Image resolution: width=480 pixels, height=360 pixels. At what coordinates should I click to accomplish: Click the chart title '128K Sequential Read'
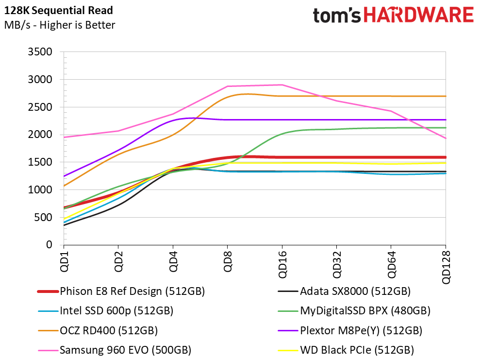[x=58, y=10]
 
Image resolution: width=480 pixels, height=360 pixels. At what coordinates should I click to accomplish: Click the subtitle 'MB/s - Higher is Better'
[x=60, y=25]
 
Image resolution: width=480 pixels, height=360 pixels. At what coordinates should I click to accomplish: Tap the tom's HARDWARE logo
[x=393, y=16]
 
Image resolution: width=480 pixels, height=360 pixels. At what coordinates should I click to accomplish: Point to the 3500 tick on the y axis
[x=40, y=52]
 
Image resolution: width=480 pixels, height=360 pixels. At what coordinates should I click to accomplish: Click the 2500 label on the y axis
[x=40, y=107]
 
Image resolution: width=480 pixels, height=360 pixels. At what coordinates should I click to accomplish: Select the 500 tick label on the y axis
[x=43, y=217]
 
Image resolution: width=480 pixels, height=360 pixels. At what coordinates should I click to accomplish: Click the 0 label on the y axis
[x=50, y=244]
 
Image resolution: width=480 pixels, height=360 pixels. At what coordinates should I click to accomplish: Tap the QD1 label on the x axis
[x=64, y=261]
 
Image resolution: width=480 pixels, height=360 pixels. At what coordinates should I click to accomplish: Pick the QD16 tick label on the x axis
[x=282, y=264]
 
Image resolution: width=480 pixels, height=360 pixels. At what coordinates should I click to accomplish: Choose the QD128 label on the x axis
[x=446, y=268]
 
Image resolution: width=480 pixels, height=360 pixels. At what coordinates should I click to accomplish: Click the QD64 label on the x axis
[x=391, y=264]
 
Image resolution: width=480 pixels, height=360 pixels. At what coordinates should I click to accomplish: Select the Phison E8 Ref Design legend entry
[x=121, y=291]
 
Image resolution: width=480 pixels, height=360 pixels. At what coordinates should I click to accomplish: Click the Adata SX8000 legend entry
[x=344, y=291]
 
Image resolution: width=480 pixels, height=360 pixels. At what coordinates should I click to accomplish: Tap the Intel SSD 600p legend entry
[x=106, y=310]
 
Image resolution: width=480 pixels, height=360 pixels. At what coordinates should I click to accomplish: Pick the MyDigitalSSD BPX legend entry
[x=354, y=310]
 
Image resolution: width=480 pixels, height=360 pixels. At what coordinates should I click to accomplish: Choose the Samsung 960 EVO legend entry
[x=115, y=350]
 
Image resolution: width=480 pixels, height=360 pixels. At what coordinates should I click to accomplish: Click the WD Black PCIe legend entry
[x=346, y=350]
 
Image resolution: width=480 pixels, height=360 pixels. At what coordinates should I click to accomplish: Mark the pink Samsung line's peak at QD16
[x=282, y=85]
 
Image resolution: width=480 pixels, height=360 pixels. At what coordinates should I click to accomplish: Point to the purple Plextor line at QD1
[x=64, y=176]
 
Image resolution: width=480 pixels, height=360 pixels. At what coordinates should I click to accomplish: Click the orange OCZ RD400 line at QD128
[x=446, y=96]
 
